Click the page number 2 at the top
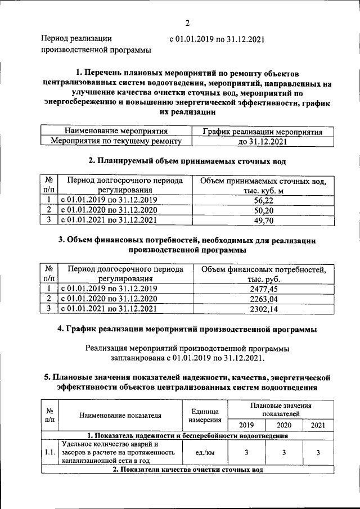[x=187, y=22]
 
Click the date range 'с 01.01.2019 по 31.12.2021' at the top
[x=216, y=39]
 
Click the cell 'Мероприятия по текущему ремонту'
[x=117, y=142]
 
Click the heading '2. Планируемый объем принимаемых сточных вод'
[x=187, y=161]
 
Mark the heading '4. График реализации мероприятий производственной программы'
[x=187, y=328]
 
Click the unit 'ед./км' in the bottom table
[x=204, y=452]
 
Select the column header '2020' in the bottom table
[x=284, y=425]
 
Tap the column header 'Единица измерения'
[x=204, y=416]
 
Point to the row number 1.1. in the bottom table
[x=49, y=452]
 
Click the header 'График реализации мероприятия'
[x=263, y=132]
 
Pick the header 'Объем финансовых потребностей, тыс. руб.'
[x=263, y=274]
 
